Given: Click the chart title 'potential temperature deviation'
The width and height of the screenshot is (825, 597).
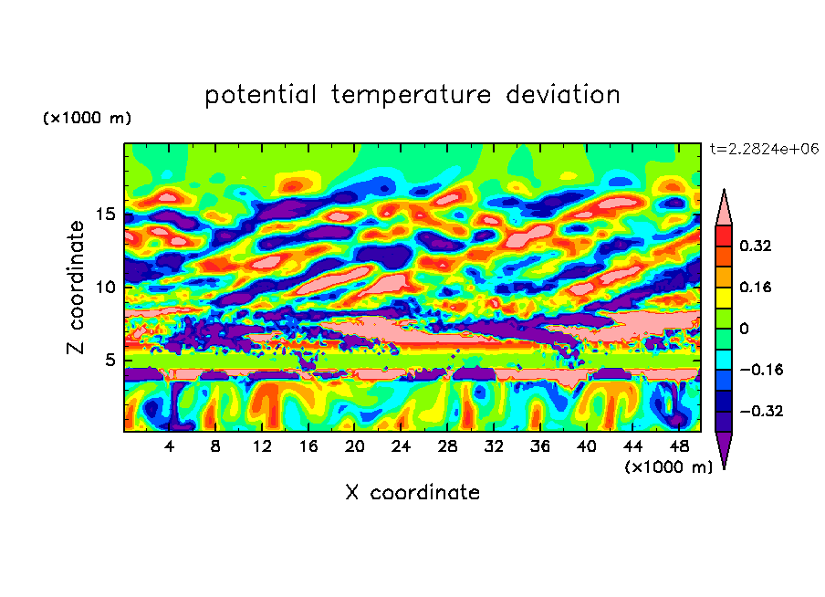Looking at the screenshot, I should (x=412, y=95).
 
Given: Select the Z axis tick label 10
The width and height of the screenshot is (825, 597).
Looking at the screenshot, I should (x=104, y=287).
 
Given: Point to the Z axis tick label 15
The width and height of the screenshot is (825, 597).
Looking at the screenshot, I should (x=104, y=215).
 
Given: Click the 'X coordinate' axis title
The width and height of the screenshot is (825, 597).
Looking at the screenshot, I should (x=412, y=493).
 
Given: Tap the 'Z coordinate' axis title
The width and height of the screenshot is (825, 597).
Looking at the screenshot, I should (x=77, y=287).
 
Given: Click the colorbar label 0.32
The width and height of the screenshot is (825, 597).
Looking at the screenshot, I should (x=757, y=246).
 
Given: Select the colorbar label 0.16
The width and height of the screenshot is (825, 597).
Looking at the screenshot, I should (x=757, y=287).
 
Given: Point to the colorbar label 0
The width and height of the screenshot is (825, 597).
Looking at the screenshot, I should (x=744, y=329).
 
